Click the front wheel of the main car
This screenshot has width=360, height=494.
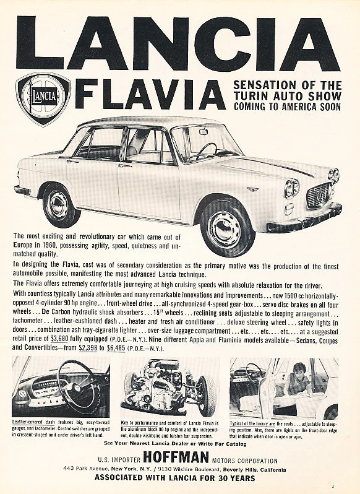pos(227,227)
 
